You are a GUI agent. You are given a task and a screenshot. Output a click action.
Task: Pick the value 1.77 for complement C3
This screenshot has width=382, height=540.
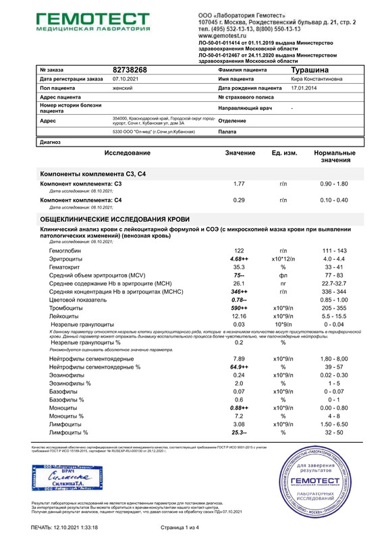point(238,184)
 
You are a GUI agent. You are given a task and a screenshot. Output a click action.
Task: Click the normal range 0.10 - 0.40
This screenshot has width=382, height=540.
point(334,200)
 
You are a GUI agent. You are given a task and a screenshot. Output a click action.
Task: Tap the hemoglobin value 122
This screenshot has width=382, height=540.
point(238,250)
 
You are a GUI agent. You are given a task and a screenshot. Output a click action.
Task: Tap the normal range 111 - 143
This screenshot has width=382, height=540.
point(334,250)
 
